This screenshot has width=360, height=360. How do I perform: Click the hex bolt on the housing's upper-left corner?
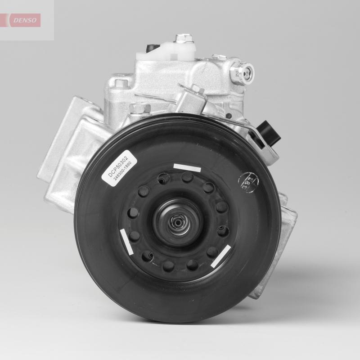119,84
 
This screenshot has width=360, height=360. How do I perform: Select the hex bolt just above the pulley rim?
140,108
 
